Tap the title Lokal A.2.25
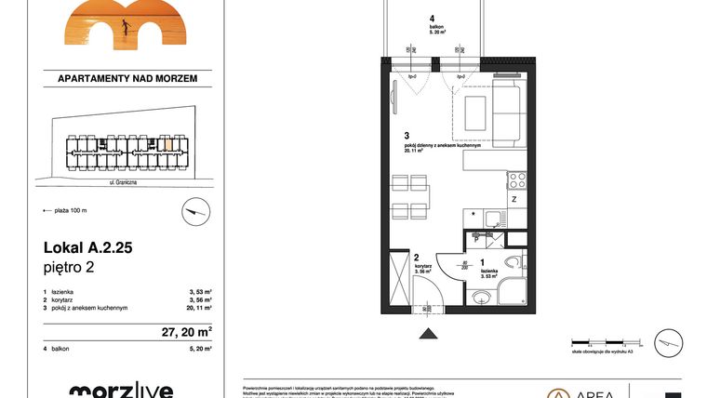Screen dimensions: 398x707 pyautogui.click(x=87, y=248)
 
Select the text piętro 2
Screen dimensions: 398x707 pyautogui.click(x=70, y=269)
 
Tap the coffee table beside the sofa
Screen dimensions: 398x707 pyautogui.click(x=474, y=112)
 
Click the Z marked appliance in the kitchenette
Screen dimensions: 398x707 pyautogui.click(x=513, y=200)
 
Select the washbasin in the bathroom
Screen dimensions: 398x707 pyautogui.click(x=482, y=298)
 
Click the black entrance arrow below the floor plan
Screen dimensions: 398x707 pyautogui.click(x=428, y=331)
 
